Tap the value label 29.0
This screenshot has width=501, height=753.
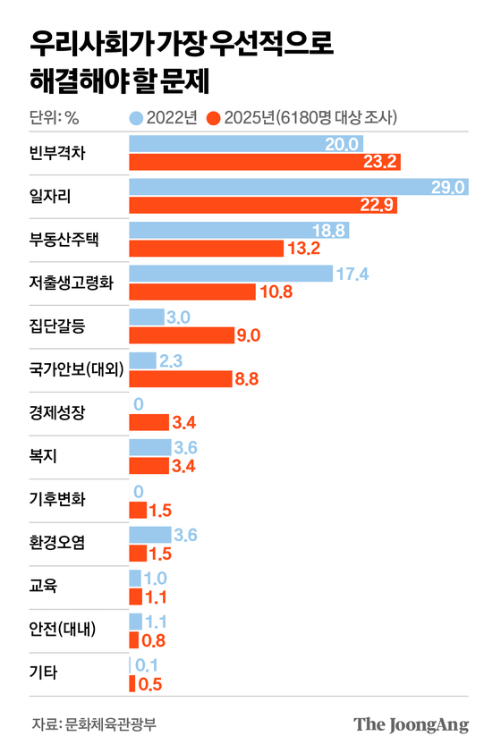tap(448, 186)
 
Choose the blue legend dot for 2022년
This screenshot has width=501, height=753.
tap(136, 117)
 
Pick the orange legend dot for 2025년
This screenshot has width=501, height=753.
tap(213, 117)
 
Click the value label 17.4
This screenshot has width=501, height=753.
tap(352, 274)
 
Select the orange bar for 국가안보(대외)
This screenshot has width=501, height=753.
tap(180, 378)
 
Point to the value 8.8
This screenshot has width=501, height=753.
tap(246, 378)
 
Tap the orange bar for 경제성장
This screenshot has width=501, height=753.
tap(149, 422)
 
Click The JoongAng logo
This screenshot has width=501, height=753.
tap(411, 723)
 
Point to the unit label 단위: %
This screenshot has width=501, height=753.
tap(55, 117)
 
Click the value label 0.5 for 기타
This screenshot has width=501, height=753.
tap(149, 684)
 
